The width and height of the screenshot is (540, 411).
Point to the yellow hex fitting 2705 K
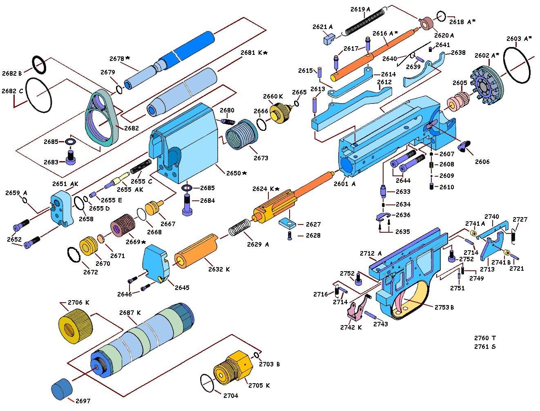230,370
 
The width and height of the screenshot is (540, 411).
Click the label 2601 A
344,184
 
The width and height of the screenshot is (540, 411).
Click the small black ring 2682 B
39,65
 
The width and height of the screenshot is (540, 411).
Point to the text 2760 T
484,338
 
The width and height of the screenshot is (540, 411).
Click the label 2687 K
130,313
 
